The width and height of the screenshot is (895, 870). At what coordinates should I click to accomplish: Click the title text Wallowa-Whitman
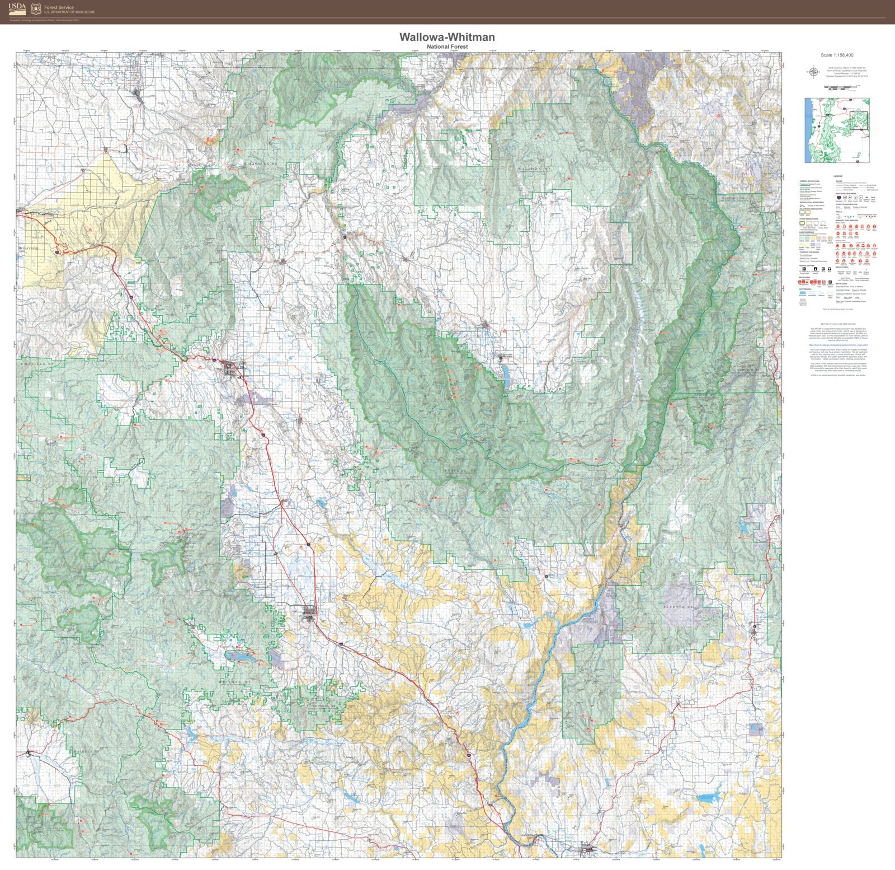(x=446, y=37)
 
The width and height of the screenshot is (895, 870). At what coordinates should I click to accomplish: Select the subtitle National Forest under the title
(x=446, y=46)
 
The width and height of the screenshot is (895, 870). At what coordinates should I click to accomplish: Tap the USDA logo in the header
(x=17, y=8)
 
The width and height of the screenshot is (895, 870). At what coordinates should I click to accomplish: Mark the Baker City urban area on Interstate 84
(x=309, y=616)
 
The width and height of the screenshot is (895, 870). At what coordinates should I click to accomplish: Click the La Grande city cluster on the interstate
(x=231, y=368)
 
